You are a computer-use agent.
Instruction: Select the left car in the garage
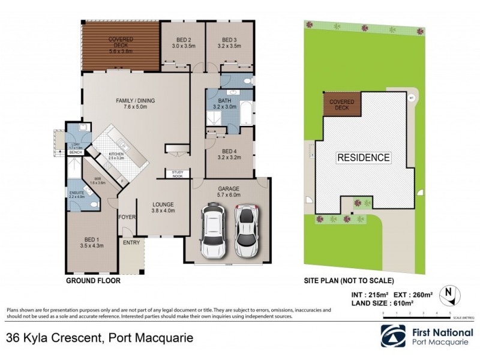[213, 230]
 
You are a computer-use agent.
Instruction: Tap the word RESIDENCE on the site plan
[363, 158]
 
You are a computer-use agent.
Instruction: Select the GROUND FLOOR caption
[92, 280]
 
